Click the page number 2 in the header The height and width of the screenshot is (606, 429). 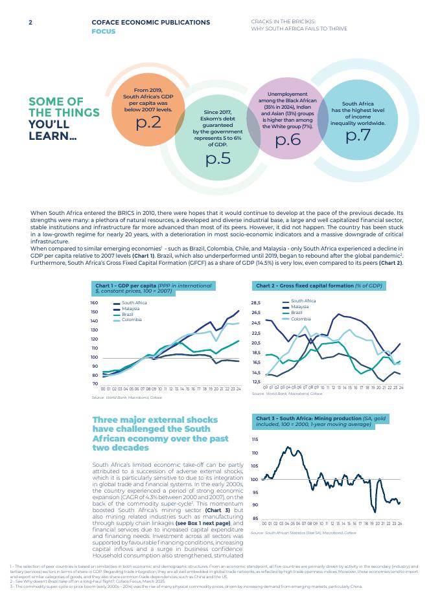[x=30, y=22]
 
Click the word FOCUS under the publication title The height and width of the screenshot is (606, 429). [x=103, y=30]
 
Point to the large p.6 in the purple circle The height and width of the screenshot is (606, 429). [x=288, y=139]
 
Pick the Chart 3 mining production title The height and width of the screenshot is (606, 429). [x=324, y=421]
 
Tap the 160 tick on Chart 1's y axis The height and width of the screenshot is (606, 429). [x=94, y=303]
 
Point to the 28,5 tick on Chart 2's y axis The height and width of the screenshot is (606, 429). [x=255, y=303]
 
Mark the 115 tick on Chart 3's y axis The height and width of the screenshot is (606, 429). [x=255, y=440]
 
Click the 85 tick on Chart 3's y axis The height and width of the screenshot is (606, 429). [x=255, y=519]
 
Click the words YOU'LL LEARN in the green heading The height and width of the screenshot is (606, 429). [x=52, y=129]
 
